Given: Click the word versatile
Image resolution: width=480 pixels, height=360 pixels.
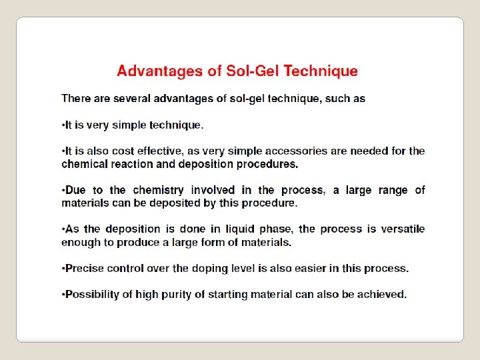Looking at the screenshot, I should point(402,229).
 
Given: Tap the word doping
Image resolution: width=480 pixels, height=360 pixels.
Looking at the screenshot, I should point(224,269).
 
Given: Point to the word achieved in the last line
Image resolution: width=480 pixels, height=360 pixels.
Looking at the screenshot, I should point(381,295).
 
